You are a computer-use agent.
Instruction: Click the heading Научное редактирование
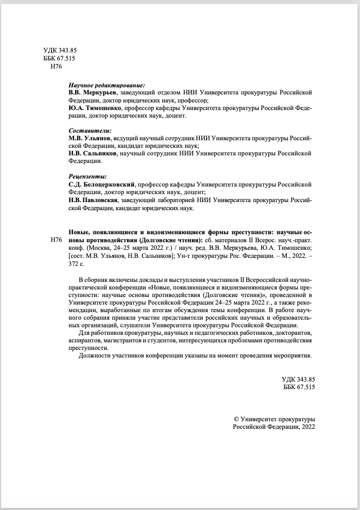(x=106, y=85)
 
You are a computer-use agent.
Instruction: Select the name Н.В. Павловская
(x=92, y=200)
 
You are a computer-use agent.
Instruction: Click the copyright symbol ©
(x=237, y=419)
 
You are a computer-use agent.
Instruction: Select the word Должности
(x=95, y=356)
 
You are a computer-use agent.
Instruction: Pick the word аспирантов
(x=85, y=340)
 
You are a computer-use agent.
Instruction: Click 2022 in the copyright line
(x=307, y=426)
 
